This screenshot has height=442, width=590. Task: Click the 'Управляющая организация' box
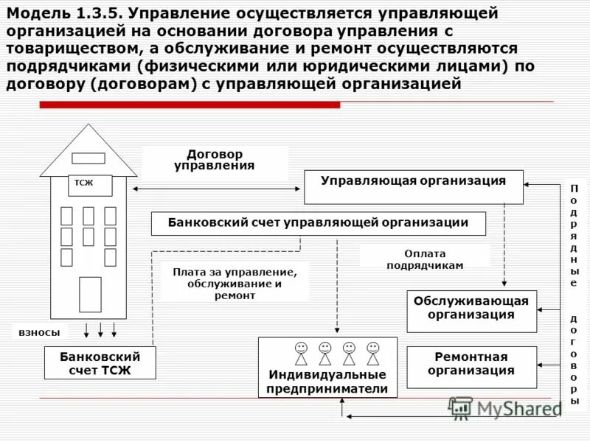pos(414,186)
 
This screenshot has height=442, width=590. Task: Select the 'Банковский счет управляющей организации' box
pos(319,223)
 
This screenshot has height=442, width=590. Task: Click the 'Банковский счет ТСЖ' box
pos(100,362)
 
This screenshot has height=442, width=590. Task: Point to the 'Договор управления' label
pos(215,160)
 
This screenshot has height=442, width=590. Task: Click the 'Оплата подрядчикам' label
pos(425,259)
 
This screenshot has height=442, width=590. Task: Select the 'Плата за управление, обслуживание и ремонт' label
pos(235,283)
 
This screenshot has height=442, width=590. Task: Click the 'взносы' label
pos(40,332)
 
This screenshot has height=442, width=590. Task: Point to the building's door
pos(90,294)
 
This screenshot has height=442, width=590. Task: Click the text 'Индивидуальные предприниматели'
pos(327,382)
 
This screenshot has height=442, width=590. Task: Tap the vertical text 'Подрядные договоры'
pos(574,295)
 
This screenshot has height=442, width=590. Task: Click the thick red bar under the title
pos(190,105)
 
